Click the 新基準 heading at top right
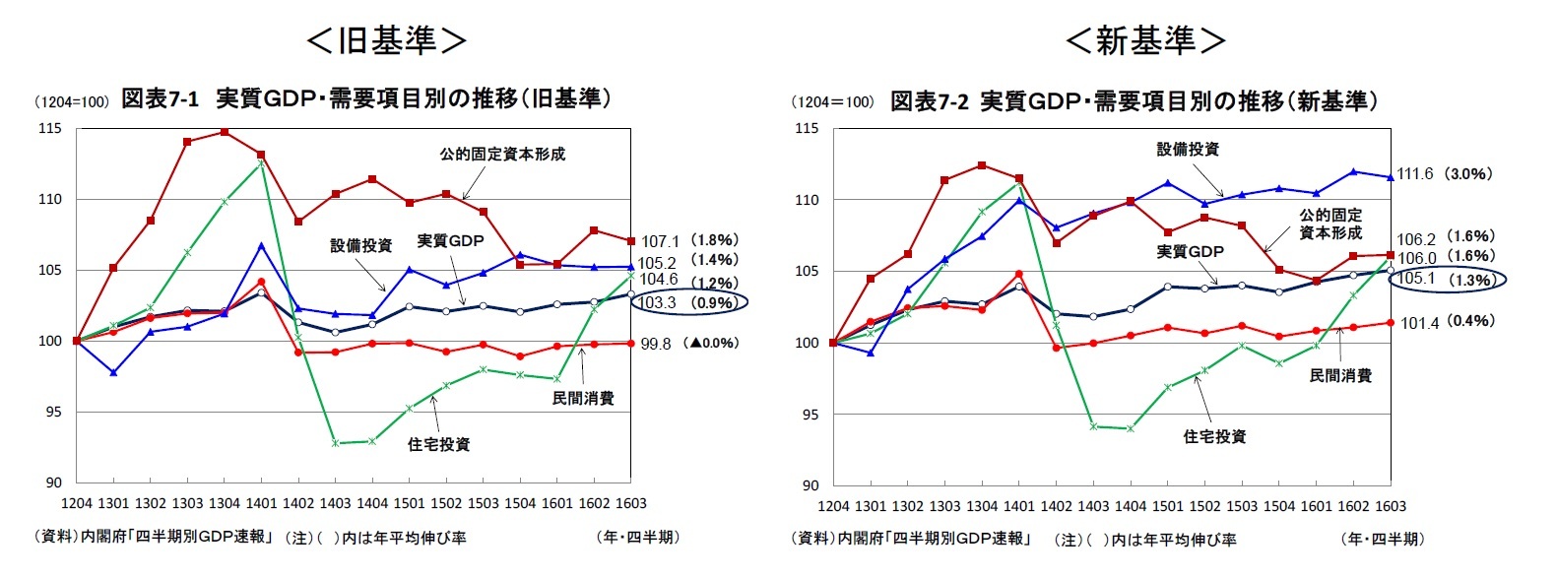pyautogui.click(x=1145, y=40)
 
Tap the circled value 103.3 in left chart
pyautogui.click(x=658, y=302)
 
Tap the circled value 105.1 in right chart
pyautogui.click(x=1416, y=279)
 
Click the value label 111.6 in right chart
pyautogui.click(x=1416, y=174)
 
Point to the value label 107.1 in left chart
pyautogui.click(x=660, y=241)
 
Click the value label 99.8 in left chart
pyautogui.click(x=656, y=344)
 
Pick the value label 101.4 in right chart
pyautogui.click(x=1419, y=322)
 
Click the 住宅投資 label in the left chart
pyautogui.click(x=438, y=444)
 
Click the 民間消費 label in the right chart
pyautogui.click(x=1340, y=375)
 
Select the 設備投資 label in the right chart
pyautogui.click(x=1188, y=149)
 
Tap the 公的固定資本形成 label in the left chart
pyautogui.click(x=502, y=154)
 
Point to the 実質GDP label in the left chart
pyautogui.click(x=450, y=240)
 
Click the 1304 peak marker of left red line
pyautogui.click(x=225, y=132)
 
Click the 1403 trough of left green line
pyautogui.click(x=335, y=443)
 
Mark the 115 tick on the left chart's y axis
pyautogui.click(x=50, y=128)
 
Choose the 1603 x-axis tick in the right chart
pyautogui.click(x=1391, y=506)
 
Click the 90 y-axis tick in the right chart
pyautogui.click(x=810, y=485)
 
